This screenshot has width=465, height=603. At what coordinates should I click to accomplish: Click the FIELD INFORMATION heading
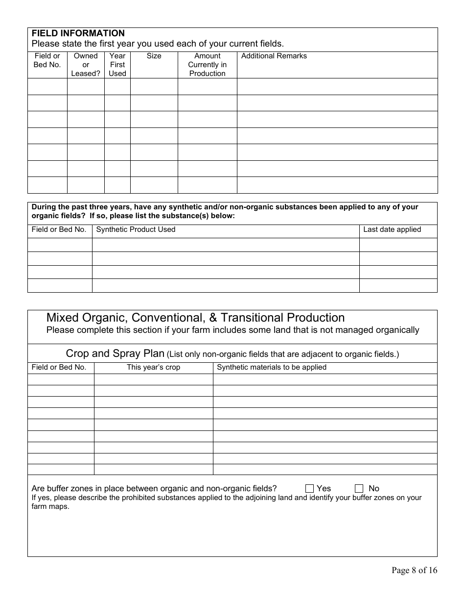click(78, 33)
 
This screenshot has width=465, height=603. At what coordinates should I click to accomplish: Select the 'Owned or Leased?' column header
click(86, 65)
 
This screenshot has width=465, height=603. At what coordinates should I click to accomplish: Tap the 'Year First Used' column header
click(117, 65)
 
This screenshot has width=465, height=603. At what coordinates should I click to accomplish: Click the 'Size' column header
click(154, 56)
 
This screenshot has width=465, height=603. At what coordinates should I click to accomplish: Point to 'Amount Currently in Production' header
click(207, 65)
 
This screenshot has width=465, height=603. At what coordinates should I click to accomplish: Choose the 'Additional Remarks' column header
click(274, 56)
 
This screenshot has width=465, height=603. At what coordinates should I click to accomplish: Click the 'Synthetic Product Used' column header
click(136, 229)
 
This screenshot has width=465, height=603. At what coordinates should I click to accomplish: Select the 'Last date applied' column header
click(392, 229)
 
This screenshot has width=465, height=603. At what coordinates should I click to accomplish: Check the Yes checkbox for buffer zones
click(309, 488)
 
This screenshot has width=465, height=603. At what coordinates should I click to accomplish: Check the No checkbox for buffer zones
click(359, 488)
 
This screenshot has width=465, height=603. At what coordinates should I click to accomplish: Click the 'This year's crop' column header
click(153, 367)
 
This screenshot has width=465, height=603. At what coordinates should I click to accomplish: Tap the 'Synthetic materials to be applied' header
click(272, 367)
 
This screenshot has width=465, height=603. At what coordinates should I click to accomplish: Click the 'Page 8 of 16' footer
click(414, 570)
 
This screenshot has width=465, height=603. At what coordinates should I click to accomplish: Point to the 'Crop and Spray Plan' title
click(115, 353)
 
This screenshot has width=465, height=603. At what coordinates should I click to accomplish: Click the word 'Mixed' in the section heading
click(62, 318)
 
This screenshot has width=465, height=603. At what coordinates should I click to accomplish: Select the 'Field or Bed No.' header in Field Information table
click(47, 60)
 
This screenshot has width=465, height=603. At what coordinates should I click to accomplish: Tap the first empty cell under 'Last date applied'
click(398, 245)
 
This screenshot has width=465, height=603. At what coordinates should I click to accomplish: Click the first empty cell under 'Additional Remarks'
click(337, 86)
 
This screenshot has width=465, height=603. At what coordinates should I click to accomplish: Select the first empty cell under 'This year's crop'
click(153, 379)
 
